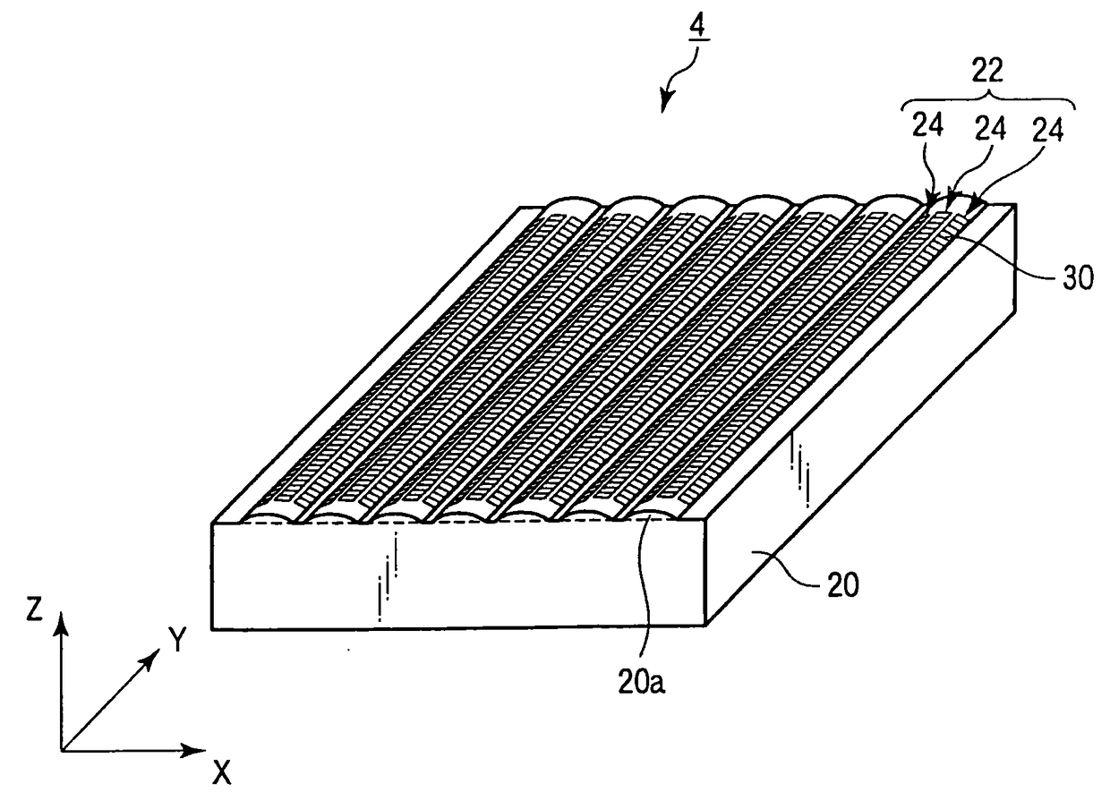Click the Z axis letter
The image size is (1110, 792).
[34, 609]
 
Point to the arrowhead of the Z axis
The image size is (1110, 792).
[61, 618]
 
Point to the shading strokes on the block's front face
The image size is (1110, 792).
[387, 582]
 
